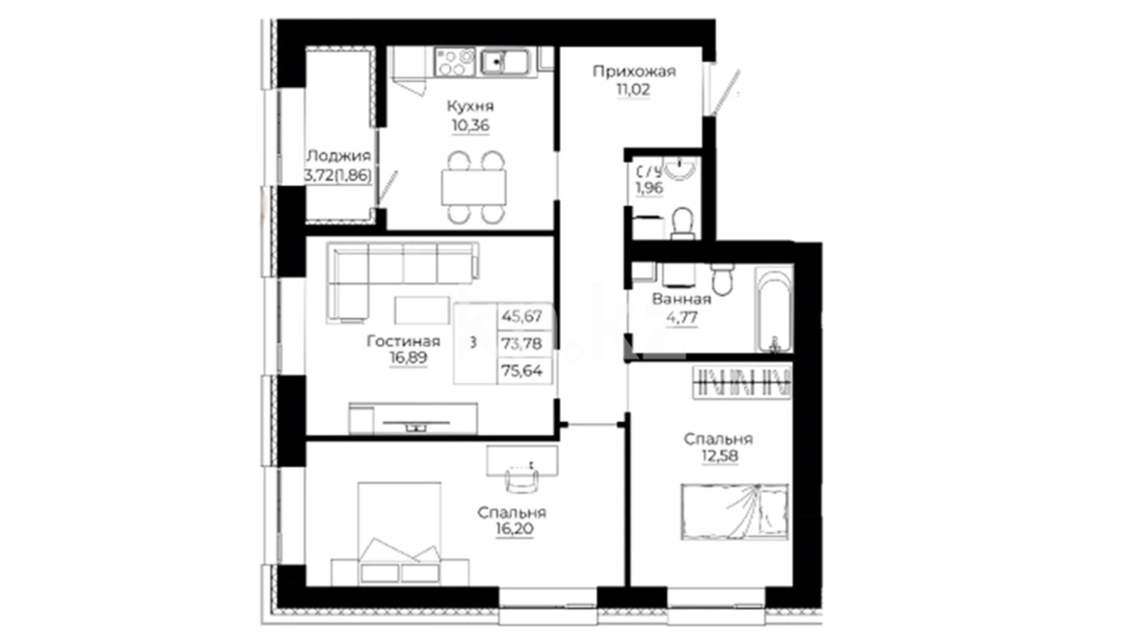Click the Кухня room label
(471, 107)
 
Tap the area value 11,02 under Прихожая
(633, 90)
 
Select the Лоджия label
(338, 156)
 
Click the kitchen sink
(505, 61)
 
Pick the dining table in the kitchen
(474, 187)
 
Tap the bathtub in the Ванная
(774, 308)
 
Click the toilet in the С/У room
(682, 222)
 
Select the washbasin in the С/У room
(679, 168)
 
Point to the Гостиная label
(404, 341)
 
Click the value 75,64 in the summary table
(522, 371)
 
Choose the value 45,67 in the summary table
(522, 316)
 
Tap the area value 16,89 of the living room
(409, 358)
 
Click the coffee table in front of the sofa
(422, 310)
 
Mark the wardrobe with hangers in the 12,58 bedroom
(742, 382)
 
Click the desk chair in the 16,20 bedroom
(522, 479)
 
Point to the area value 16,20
(515, 529)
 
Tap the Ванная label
(682, 299)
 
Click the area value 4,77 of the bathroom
(682, 318)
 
